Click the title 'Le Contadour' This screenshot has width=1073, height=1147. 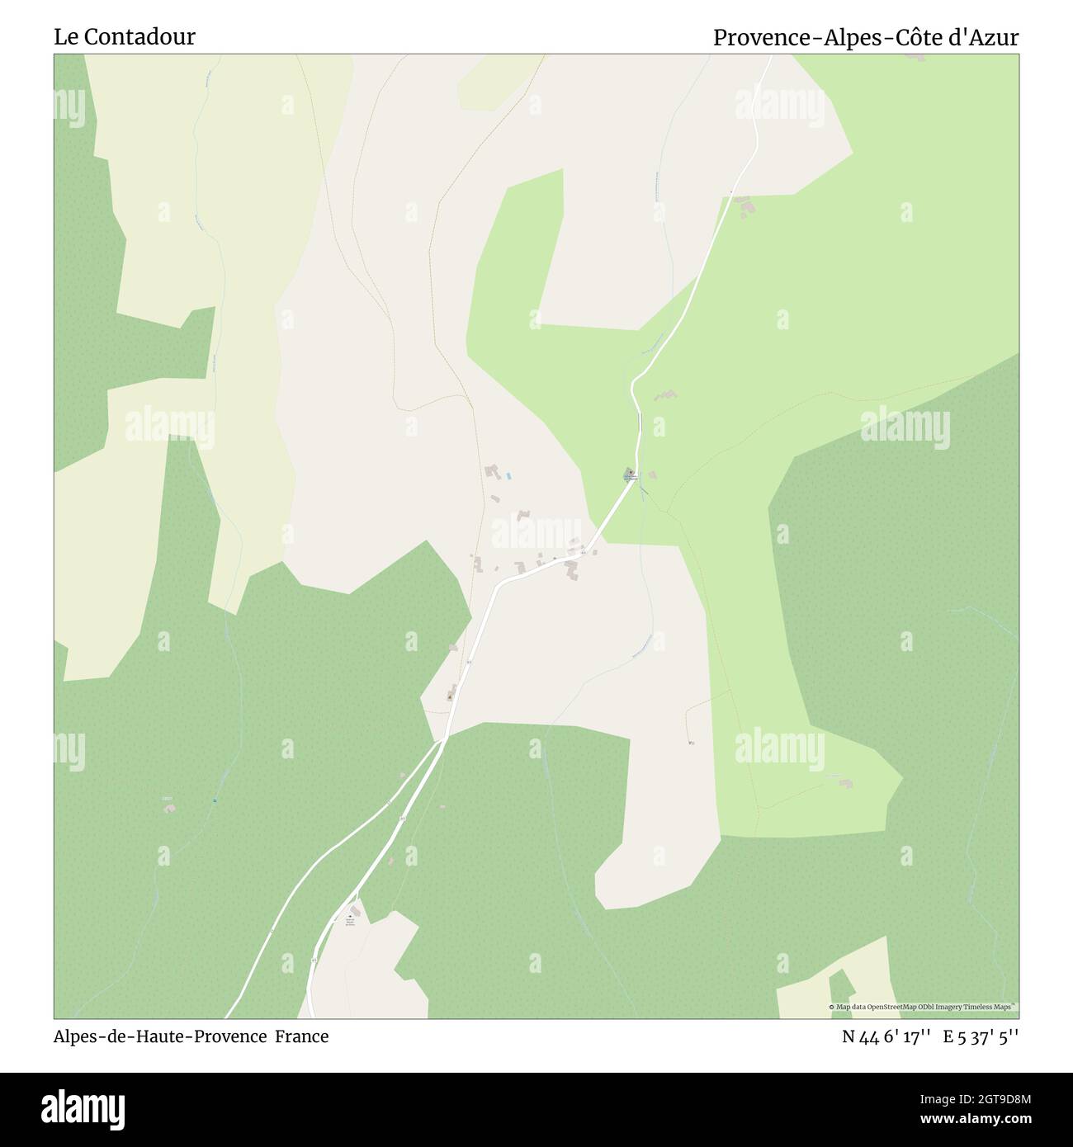[125, 37]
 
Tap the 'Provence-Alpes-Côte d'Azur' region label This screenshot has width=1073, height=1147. [866, 37]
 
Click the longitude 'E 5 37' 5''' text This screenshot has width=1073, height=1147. [985, 1036]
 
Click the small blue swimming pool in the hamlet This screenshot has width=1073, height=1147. [508, 476]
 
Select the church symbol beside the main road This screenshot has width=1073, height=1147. [630, 474]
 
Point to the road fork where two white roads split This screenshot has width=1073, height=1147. [442, 742]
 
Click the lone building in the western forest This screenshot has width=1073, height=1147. [169, 806]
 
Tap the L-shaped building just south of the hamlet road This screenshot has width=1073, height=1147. [571, 569]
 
